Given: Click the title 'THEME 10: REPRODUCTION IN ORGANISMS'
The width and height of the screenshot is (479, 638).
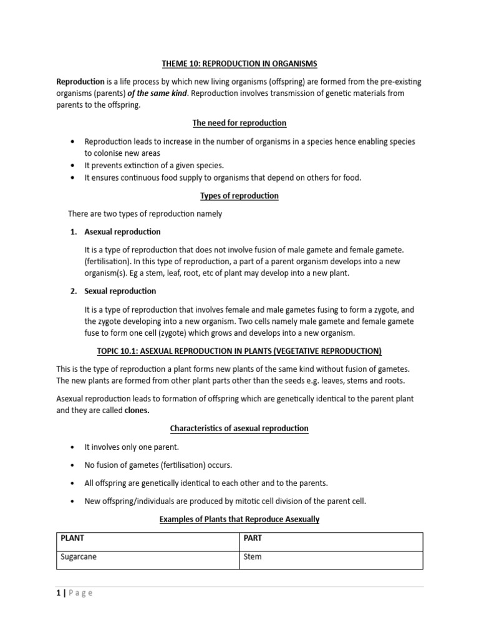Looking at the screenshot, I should (239, 64).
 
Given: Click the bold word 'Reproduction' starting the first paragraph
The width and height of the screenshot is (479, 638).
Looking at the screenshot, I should (80, 82).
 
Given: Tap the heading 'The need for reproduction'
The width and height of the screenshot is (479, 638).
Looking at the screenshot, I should (239, 123).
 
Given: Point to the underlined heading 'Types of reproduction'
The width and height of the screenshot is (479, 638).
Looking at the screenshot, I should (239, 196).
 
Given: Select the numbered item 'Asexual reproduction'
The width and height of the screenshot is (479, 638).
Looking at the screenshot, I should (122, 232).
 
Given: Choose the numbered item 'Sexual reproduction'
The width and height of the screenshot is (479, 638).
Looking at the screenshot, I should (120, 291).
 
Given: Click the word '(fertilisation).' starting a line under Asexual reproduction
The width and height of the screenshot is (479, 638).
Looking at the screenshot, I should (108, 262).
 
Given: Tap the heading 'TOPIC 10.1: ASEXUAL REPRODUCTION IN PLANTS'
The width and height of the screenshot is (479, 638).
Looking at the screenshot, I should (239, 351).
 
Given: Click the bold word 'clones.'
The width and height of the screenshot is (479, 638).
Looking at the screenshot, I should (137, 411).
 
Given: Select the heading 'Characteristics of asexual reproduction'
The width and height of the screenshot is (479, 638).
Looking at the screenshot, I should (239, 429).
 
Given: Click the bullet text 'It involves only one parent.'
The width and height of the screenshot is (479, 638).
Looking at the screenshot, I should (131, 447).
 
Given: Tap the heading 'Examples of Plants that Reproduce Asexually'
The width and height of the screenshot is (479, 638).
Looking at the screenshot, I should (239, 519).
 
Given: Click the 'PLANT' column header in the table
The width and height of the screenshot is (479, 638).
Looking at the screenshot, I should (72, 538).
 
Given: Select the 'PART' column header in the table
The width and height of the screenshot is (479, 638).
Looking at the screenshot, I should (253, 538).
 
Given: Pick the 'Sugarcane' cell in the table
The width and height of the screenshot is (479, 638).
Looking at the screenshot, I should (78, 557).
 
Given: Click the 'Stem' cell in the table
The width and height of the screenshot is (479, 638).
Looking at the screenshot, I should (253, 557).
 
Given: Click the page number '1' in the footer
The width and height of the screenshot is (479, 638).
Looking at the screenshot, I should (58, 593).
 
